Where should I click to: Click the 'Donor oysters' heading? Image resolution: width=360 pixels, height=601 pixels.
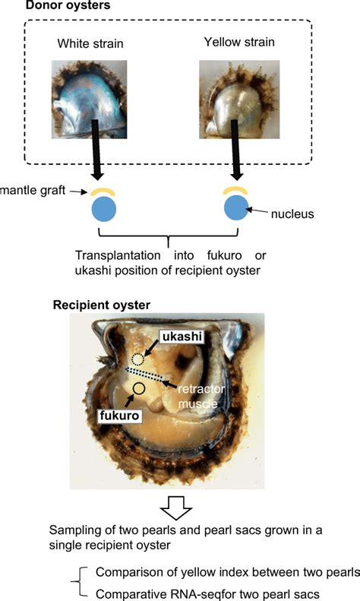pos(68,5)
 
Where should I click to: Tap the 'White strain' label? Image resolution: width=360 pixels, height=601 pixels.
pos(90,43)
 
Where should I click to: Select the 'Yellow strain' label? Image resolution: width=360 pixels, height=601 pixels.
pos(239,42)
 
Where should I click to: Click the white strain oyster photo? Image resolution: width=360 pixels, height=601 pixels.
pos(89,100)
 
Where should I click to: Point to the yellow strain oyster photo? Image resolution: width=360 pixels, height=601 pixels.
pos(239,100)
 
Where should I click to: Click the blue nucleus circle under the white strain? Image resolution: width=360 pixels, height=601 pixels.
pos(104,209)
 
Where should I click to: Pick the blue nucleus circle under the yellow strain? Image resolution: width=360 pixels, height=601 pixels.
pos(236,207)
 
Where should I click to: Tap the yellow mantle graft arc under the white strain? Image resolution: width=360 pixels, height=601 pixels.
pos(103,190)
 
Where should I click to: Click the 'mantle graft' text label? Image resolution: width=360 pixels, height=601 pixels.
pos(33,190)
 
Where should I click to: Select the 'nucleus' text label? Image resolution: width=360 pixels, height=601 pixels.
pos(292,214)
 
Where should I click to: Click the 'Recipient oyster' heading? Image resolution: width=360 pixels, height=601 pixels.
pos(102,305)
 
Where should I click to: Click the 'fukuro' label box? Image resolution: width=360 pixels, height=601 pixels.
pos(119,415)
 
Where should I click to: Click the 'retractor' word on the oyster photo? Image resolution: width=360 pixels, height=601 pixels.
pos(201,390)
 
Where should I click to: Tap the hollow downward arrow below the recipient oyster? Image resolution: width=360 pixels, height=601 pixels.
pos(175,508)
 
